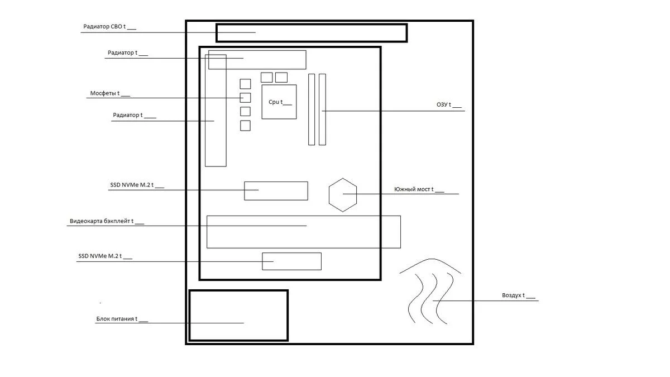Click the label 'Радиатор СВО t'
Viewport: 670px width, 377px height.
[109, 27]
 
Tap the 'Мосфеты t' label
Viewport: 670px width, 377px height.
[110, 93]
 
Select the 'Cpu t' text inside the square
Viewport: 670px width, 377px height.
[280, 102]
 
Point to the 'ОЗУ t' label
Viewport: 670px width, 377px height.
[449, 105]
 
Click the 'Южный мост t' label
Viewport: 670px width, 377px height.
[419, 189]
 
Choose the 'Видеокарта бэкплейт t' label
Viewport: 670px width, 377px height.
[107, 221]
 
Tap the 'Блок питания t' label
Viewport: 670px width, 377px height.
[122, 319]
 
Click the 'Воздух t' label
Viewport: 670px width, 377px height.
[518, 295]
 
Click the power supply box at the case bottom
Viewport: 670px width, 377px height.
[189, 316]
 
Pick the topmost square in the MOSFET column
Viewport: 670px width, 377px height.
[245, 84]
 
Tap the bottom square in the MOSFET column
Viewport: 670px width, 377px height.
[245, 126]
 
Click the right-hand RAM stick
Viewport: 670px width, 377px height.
[322, 109]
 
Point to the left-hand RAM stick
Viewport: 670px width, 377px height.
[312, 109]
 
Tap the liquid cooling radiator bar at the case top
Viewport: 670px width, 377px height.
[312, 25]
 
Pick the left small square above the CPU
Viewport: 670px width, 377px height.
[266, 78]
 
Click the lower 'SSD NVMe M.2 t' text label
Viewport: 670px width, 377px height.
[105, 256]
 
